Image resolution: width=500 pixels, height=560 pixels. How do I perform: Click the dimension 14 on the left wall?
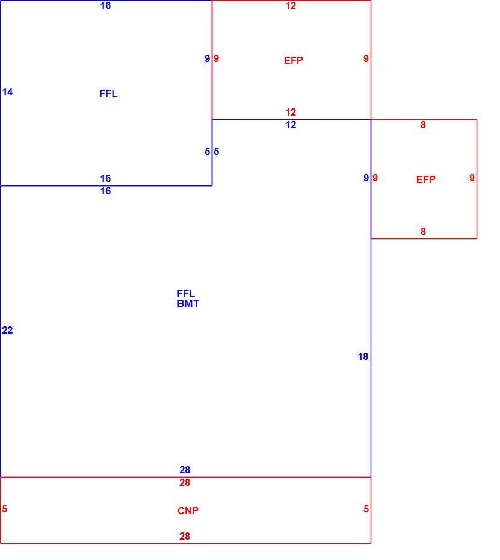tap(7, 92)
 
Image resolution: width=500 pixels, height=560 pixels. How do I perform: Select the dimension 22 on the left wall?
tap(7, 331)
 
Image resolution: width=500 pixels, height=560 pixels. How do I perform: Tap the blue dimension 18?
tap(363, 357)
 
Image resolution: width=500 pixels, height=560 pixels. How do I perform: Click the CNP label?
tap(188, 511)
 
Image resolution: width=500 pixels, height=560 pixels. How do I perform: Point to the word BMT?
tap(188, 304)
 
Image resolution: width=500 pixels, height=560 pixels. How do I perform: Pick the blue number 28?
tap(185, 470)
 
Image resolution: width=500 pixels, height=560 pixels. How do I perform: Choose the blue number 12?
tap(291, 125)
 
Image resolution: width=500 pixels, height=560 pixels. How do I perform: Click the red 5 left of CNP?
tap(5, 509)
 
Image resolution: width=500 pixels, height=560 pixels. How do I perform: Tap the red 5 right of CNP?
tap(366, 509)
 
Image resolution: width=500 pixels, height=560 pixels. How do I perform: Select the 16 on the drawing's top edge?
tap(106, 5)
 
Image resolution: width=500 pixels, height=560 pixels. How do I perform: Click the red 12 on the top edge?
tap(291, 5)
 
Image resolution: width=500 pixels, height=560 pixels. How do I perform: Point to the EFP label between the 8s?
tap(426, 179)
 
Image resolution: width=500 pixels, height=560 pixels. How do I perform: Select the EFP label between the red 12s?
tap(294, 60)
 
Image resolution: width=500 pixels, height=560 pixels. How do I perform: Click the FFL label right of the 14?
tap(108, 93)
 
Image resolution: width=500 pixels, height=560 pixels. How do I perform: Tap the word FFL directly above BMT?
tap(186, 294)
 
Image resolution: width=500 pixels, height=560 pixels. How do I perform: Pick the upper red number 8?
tap(423, 125)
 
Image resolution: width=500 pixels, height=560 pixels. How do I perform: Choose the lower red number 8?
tap(423, 231)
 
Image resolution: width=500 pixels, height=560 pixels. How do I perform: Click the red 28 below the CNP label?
tap(185, 536)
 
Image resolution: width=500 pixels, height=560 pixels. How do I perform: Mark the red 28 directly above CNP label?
tap(185, 483)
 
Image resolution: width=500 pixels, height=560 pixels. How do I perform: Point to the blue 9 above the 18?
tap(366, 178)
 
